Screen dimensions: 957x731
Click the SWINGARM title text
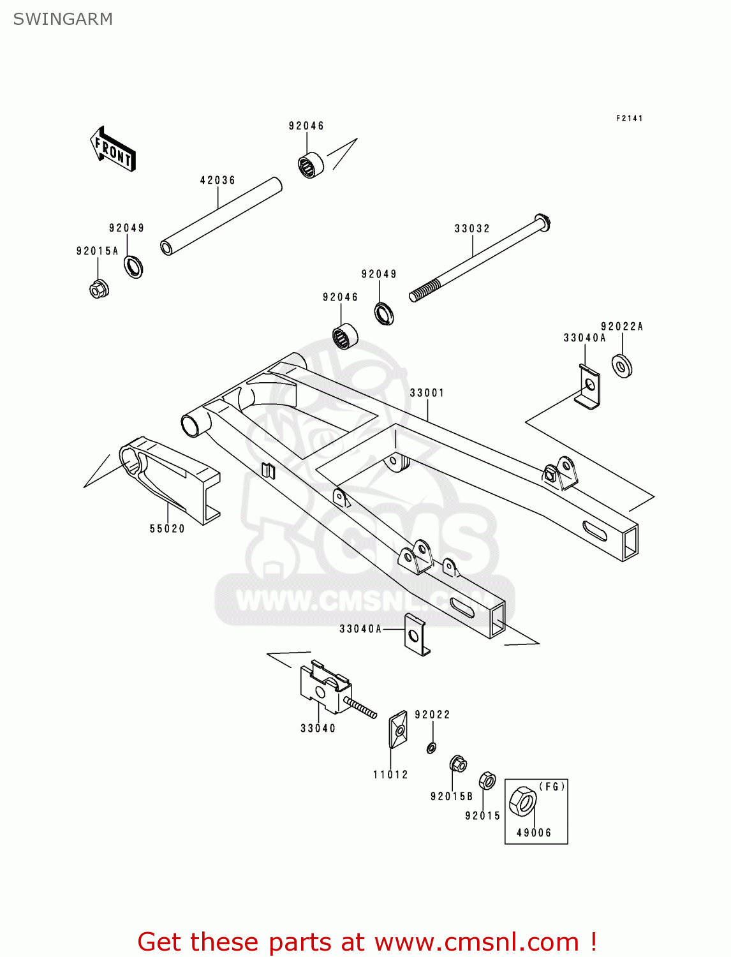tap(63, 19)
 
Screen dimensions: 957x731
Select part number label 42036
tap(218, 181)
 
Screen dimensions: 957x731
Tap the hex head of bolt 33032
tap(543, 223)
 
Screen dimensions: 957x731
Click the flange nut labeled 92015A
tap(99, 289)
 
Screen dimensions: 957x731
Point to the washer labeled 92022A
tap(622, 366)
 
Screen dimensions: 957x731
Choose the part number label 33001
tap(427, 393)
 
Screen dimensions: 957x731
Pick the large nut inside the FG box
tap(524, 801)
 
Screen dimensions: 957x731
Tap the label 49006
tap(534, 833)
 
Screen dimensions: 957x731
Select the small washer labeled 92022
tap(432, 748)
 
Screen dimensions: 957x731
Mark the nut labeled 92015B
tap(458, 763)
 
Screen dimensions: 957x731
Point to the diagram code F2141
tap(629, 118)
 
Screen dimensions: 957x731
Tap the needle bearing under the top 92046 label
tap(311, 165)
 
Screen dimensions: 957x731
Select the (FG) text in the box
tap(552, 787)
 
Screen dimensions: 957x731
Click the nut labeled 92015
tap(487, 781)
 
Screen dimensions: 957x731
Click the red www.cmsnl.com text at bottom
tap(476, 942)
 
